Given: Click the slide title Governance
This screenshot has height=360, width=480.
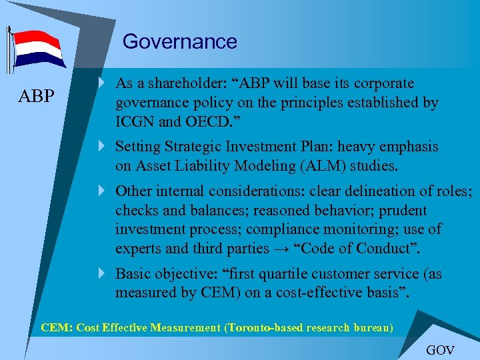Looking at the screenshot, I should point(179,41).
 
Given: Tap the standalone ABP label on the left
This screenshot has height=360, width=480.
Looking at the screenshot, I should point(37,96).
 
